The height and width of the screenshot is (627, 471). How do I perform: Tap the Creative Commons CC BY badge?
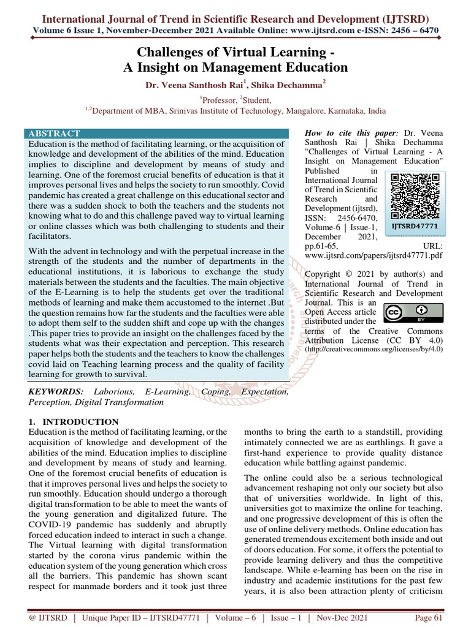pos(407,313)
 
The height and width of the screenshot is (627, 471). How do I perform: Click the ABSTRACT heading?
pos(53,133)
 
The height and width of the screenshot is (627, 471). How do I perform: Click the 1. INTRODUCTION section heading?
pos(74,422)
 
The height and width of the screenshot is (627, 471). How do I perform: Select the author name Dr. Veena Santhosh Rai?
pos(193,86)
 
